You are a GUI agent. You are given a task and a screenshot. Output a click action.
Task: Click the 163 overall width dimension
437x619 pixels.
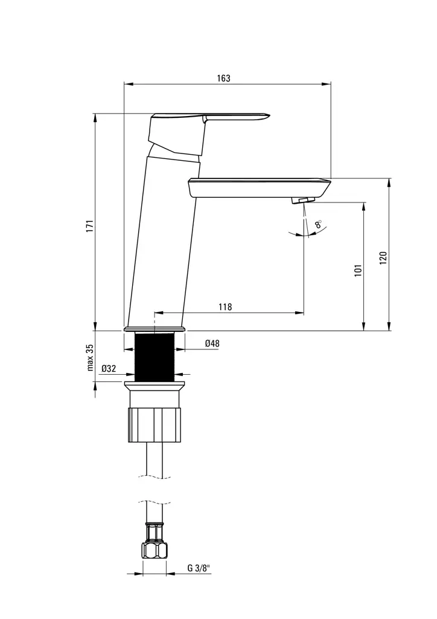pos(223,79)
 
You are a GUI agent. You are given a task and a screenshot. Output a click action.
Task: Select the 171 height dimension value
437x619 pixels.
pos(89,225)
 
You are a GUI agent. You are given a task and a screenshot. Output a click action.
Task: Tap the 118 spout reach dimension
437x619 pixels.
pos(225,307)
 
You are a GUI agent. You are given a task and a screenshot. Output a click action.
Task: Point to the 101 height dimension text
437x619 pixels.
pos(357,270)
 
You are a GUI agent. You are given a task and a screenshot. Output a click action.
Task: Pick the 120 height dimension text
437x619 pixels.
pos(383,258)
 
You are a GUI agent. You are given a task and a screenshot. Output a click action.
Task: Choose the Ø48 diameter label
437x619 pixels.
pos(212,343)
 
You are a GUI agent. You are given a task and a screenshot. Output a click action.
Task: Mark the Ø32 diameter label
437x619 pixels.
pos(109,368)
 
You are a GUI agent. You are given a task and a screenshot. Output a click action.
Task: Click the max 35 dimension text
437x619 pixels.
pos(89,357)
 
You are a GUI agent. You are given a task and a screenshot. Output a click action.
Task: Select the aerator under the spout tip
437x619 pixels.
pos(303,200)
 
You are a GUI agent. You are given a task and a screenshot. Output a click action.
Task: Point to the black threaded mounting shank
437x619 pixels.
pos(155,357)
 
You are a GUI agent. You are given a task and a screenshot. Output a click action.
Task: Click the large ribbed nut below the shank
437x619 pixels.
pos(155,426)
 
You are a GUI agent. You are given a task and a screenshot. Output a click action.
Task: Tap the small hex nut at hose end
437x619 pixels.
pos(155,550)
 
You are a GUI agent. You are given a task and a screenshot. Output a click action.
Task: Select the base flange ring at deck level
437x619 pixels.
pos(155,329)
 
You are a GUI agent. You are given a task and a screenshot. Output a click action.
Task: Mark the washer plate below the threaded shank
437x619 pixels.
pos(155,384)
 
